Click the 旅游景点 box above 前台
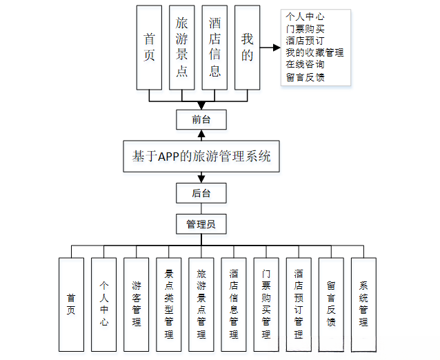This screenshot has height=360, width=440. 181,48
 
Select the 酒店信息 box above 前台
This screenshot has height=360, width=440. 214,48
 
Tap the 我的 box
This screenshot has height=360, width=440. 248,48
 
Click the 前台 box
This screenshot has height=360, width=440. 201,119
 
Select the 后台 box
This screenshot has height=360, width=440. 201,193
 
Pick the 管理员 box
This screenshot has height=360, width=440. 201,224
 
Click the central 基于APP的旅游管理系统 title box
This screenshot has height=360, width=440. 201,157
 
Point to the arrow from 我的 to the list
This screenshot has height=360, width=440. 271,48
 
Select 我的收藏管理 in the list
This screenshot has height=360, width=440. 314,52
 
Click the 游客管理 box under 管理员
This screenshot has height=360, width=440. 137,303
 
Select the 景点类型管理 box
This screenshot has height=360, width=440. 169,303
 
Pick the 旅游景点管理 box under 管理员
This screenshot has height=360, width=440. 201,303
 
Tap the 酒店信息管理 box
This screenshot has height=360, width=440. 234,303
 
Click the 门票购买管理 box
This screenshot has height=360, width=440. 266,303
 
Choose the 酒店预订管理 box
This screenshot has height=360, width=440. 299,303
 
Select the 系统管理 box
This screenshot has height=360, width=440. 363,303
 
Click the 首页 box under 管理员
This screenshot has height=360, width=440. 71,303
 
